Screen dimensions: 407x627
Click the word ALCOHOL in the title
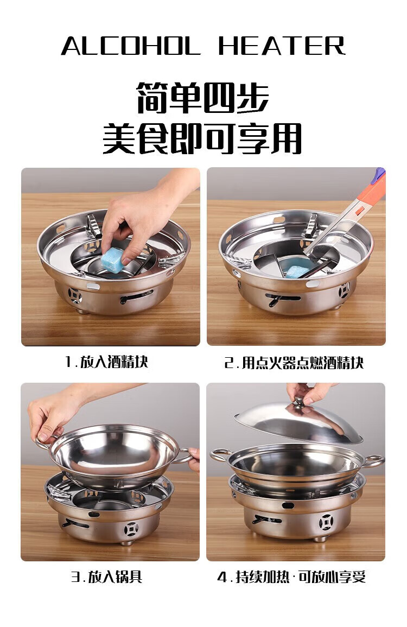(130, 46)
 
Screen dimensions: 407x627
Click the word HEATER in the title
(282, 46)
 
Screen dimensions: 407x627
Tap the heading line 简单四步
(203, 98)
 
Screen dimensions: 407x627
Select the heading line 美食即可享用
(202, 138)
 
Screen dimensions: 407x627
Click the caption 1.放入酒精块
(107, 362)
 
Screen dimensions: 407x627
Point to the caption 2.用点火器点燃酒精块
(294, 363)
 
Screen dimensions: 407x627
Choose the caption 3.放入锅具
(107, 577)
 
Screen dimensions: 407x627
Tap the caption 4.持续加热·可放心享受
(291, 577)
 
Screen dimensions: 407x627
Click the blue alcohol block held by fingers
(112, 259)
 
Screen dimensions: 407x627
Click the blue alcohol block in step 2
(296, 271)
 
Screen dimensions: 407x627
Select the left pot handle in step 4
(220, 455)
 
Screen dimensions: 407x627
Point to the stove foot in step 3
(127, 543)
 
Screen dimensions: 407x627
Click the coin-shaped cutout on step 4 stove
(326, 522)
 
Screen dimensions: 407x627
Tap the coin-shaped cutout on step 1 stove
(75, 295)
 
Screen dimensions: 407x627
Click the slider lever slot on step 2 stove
(283, 299)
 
